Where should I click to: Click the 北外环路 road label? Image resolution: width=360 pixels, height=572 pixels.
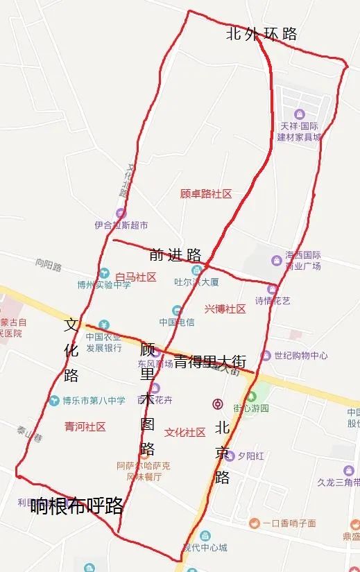pyautogui.click(x=261, y=34)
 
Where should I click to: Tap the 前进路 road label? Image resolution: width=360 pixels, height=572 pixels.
pyautogui.click(x=175, y=254)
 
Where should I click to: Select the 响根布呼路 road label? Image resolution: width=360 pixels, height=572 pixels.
pyautogui.click(x=77, y=505)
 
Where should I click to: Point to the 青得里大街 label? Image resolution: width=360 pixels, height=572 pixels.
pyautogui.click(x=209, y=361)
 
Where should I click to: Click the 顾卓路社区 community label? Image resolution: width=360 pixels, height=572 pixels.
pyautogui.click(x=205, y=194)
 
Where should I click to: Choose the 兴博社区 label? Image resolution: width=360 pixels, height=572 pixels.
pyautogui.click(x=225, y=309)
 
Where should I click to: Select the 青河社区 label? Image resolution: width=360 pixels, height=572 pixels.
pyautogui.click(x=85, y=426)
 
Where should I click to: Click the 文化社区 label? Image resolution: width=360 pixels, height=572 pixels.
pyautogui.click(x=185, y=432)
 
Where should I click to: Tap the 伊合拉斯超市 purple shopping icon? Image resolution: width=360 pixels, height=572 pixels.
pyautogui.click(x=121, y=213)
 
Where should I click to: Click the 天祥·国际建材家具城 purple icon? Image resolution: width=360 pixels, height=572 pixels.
pyautogui.click(x=299, y=114)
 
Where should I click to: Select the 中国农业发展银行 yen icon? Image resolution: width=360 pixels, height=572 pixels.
pyautogui.click(x=103, y=324)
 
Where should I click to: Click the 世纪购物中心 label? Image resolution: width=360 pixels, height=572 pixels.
pyautogui.click(x=300, y=356)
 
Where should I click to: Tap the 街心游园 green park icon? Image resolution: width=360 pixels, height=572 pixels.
pyautogui.click(x=251, y=397)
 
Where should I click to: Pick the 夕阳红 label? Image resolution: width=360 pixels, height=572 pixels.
pyautogui.click(x=250, y=456)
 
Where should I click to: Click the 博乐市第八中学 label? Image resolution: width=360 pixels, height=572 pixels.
pyautogui.click(x=94, y=400)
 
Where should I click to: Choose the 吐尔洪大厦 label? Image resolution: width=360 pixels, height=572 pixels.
pyautogui.click(x=196, y=281)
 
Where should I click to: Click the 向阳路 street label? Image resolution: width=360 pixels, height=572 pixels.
pyautogui.click(x=49, y=263)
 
